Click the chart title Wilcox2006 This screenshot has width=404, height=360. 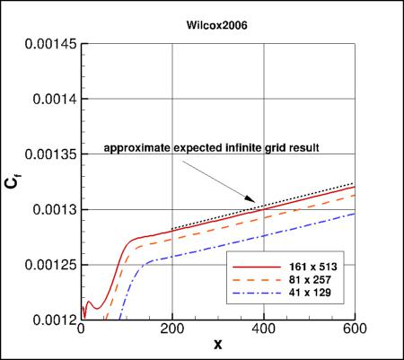tap(219, 27)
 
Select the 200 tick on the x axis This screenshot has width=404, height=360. tap(171, 329)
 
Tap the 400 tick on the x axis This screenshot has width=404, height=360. tap(264, 329)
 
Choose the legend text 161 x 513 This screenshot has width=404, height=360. tap(306, 268)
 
